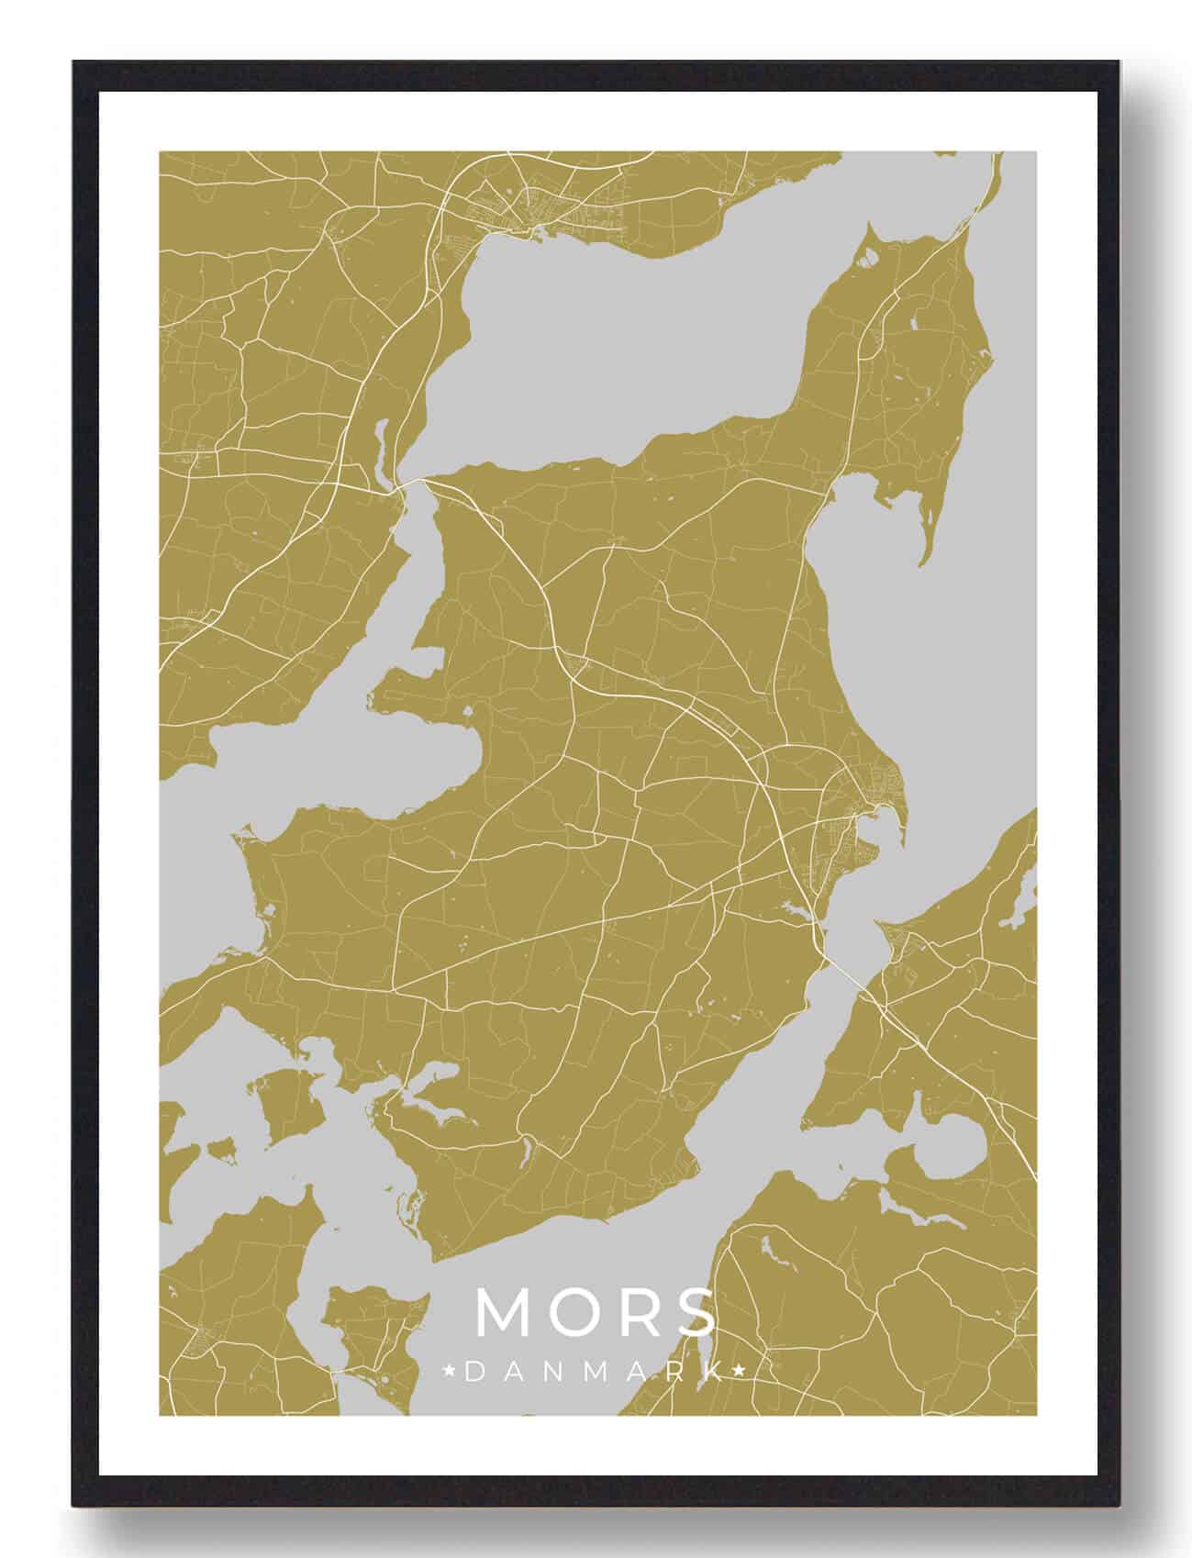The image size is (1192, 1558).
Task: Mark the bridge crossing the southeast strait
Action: click(849, 973)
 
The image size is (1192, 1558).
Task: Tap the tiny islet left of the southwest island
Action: click(219, 1147)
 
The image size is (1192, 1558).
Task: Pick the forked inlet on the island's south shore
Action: click(431, 1092)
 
